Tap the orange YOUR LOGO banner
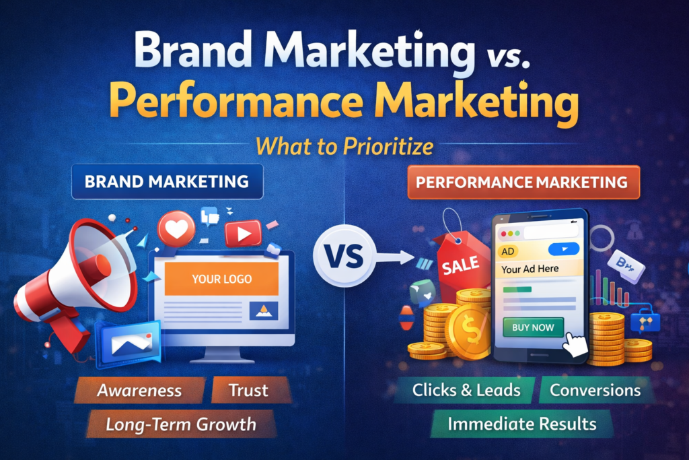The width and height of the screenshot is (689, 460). [x=221, y=278]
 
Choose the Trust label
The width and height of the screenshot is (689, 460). [x=249, y=390]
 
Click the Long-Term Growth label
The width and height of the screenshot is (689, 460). [x=180, y=424]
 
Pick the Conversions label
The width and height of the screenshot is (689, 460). [x=595, y=390]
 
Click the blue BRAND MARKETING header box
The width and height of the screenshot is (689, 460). [x=167, y=182]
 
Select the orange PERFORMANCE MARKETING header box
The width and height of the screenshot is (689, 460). [x=522, y=182]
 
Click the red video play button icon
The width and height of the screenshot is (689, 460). [x=243, y=234]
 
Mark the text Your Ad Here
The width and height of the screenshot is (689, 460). [x=530, y=269]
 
